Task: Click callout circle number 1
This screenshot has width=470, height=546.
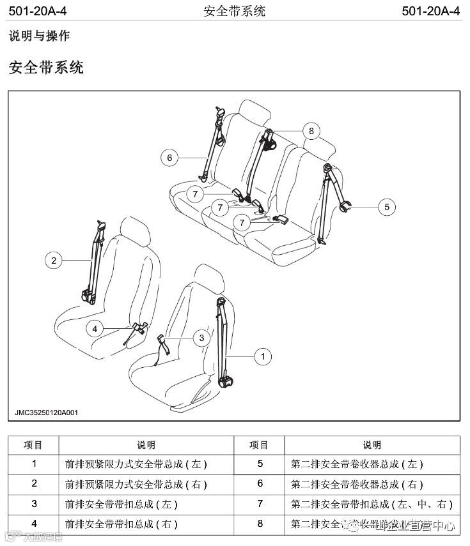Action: (263, 357)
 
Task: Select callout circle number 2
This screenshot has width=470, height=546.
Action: (54, 259)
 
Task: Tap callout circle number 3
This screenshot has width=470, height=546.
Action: (201, 337)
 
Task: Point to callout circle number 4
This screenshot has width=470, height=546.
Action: (95, 328)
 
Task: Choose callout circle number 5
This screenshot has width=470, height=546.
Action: (387, 206)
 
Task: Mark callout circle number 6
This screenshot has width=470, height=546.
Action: (169, 157)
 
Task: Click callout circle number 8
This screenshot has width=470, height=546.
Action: (311, 131)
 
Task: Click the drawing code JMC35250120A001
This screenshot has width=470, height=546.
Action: (47, 413)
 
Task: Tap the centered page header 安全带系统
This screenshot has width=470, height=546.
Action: (234, 11)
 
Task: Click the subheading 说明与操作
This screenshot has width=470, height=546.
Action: (39, 36)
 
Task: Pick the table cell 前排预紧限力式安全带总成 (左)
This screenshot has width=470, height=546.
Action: (136, 464)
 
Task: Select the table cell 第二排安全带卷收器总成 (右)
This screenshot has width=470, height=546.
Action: (357, 484)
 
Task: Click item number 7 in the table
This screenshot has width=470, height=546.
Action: (260, 504)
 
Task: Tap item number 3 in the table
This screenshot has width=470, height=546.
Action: (34, 504)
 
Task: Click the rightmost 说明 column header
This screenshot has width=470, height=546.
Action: (372, 445)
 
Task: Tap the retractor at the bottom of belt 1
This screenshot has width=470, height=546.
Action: (224, 382)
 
